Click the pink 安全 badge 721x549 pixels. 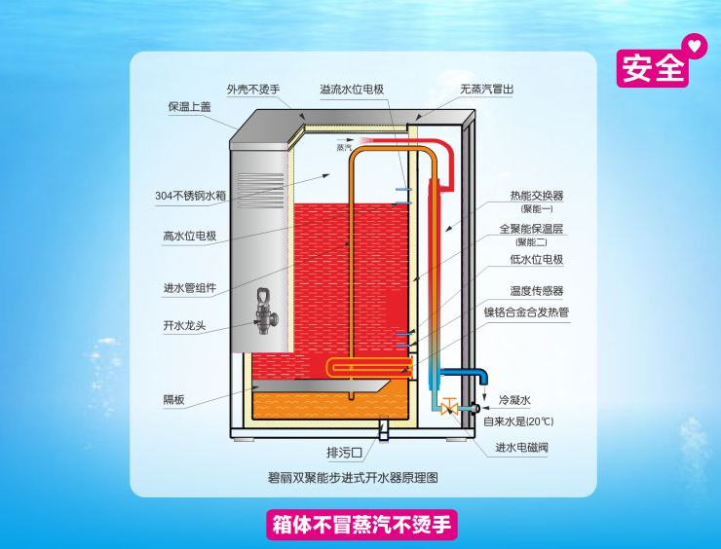tap(652, 68)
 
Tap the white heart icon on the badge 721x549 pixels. tap(695, 46)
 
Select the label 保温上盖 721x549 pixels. tap(189, 107)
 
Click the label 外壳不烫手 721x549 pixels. tap(253, 90)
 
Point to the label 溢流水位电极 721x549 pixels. tap(352, 90)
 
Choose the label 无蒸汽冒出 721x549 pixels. tap(487, 90)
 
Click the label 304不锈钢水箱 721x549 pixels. tap(190, 196)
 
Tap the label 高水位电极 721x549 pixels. tap(189, 237)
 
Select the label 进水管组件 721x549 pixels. tap(189, 288)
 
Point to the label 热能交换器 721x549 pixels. tap(537, 196)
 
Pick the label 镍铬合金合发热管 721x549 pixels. tap(526, 312)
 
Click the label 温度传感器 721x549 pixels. tap(537, 291)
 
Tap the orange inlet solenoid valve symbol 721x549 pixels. tap(449, 407)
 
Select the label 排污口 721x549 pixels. tap(344, 453)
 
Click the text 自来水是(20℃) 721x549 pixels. tap(518, 421)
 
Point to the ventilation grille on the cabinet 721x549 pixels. tap(261, 184)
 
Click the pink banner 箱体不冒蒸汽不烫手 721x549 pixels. tap(361, 525)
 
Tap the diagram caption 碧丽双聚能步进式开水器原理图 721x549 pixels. tap(353, 478)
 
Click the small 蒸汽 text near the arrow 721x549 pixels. tap(344, 148)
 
